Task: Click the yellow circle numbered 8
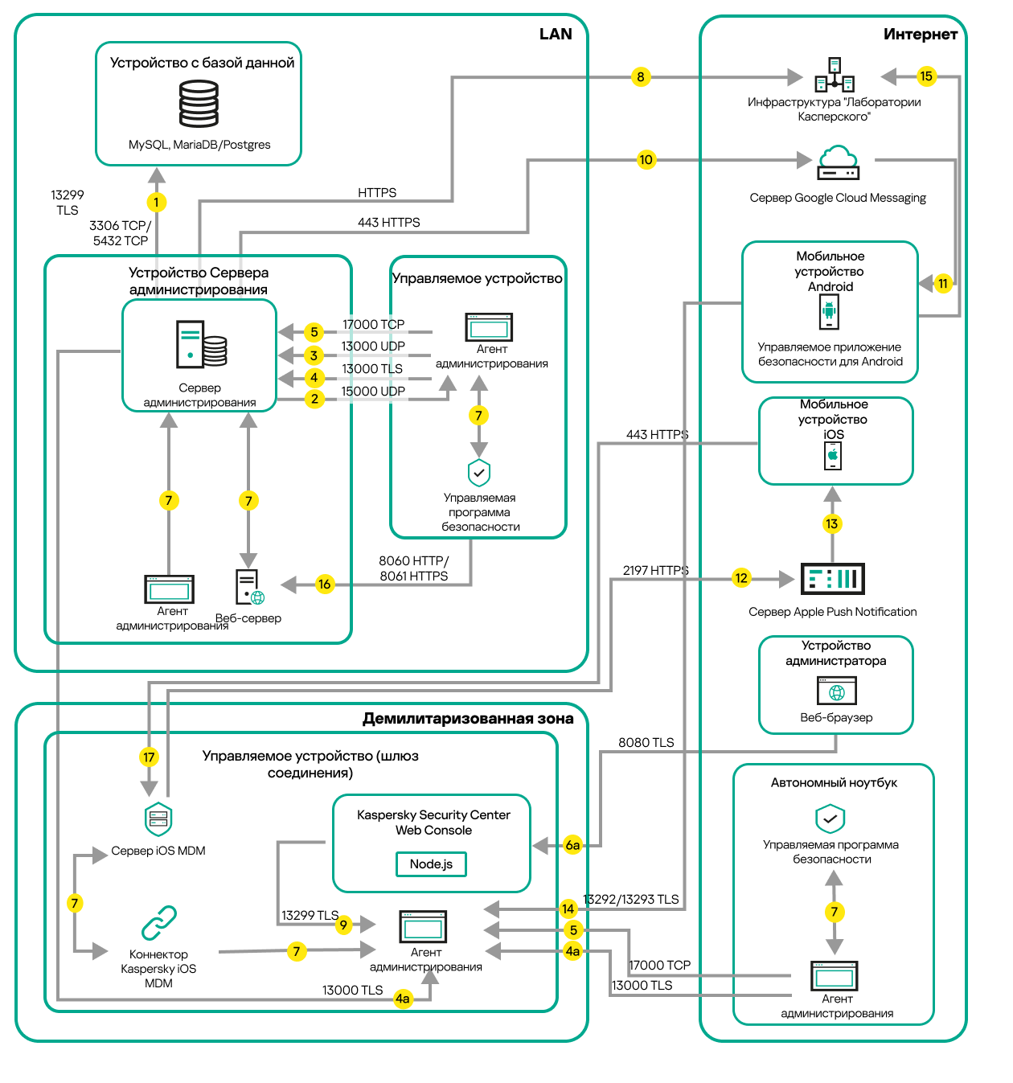[640, 77]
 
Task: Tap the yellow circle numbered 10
[646, 159]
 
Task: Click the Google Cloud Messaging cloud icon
[839, 162]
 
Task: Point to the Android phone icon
[830, 312]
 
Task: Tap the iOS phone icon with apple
[833, 456]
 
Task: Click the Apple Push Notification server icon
[832, 579]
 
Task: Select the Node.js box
[431, 864]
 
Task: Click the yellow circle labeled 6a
[572, 845]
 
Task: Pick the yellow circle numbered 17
[149, 757]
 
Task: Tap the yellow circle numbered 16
[324, 585]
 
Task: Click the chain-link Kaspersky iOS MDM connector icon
[159, 923]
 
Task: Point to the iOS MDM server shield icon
[158, 818]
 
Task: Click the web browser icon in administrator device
[836, 691]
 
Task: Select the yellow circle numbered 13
[832, 524]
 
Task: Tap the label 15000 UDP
[373, 392]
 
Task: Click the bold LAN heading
[556, 34]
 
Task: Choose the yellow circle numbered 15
[926, 76]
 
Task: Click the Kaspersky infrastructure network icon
[835, 76]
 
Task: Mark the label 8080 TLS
[646, 743]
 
